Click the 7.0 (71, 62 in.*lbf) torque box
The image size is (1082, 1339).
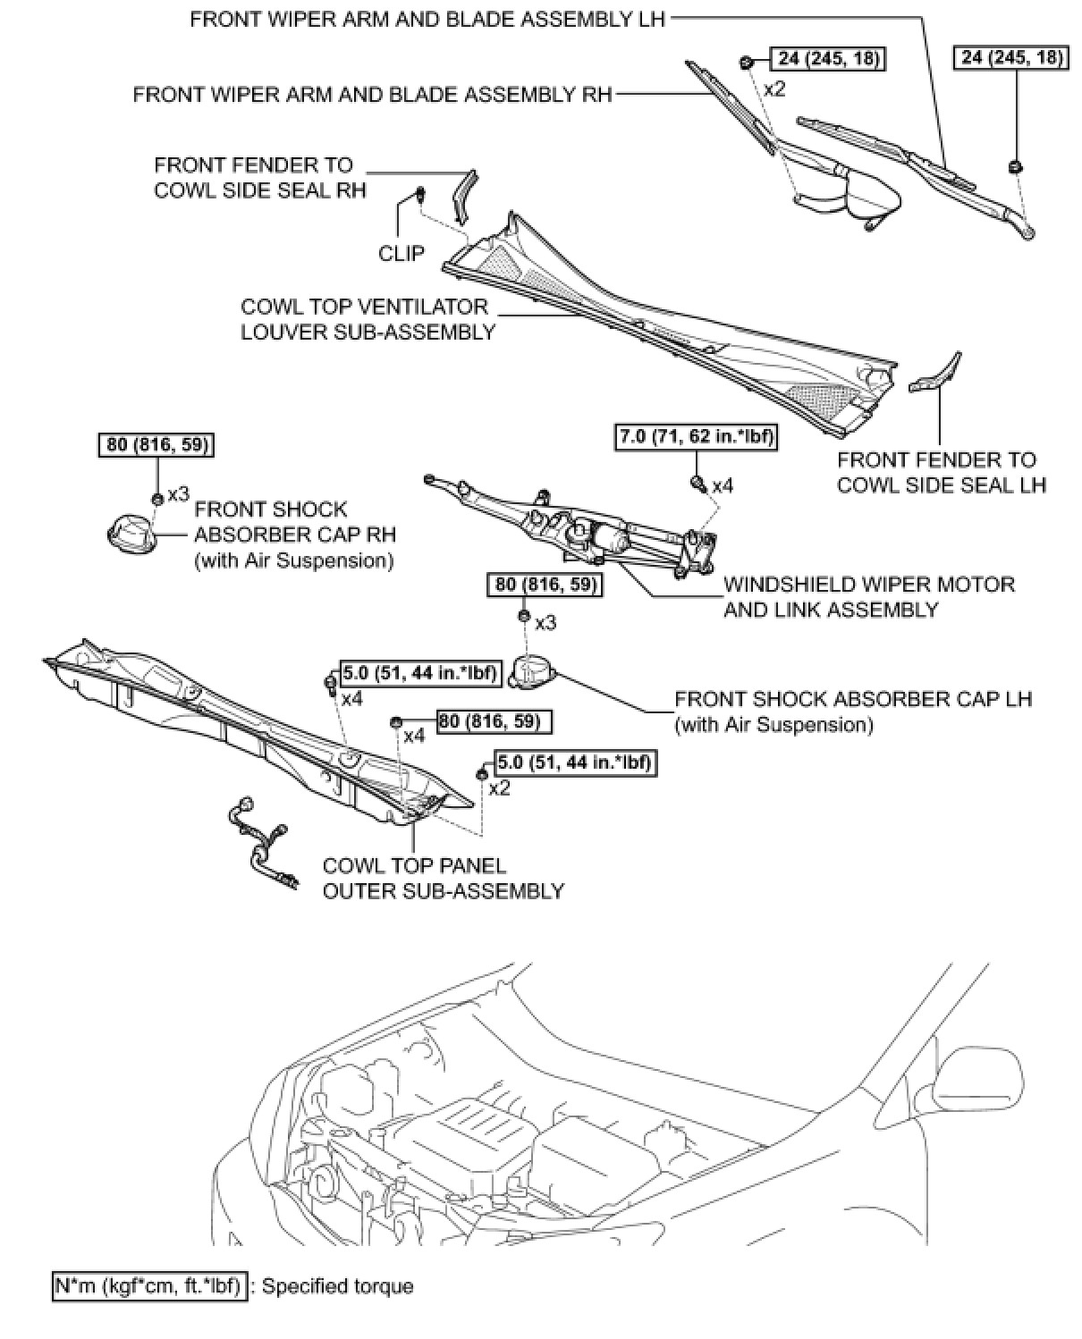tap(696, 437)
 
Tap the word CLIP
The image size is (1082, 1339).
tap(402, 254)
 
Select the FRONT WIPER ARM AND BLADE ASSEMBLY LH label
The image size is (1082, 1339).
tap(427, 19)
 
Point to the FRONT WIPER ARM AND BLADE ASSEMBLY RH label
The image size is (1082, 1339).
tap(372, 94)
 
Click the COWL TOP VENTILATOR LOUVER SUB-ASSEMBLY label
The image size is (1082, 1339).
tap(368, 319)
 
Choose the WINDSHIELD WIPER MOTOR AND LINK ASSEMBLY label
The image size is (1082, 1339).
tap(869, 597)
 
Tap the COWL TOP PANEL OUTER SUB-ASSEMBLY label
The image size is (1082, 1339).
tap(444, 878)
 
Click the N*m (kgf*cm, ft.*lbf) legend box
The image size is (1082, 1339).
tap(148, 1286)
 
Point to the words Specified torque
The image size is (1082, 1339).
tap(338, 1286)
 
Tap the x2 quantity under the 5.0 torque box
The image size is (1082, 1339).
tap(499, 787)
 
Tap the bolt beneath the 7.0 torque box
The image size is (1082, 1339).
tap(697, 484)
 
